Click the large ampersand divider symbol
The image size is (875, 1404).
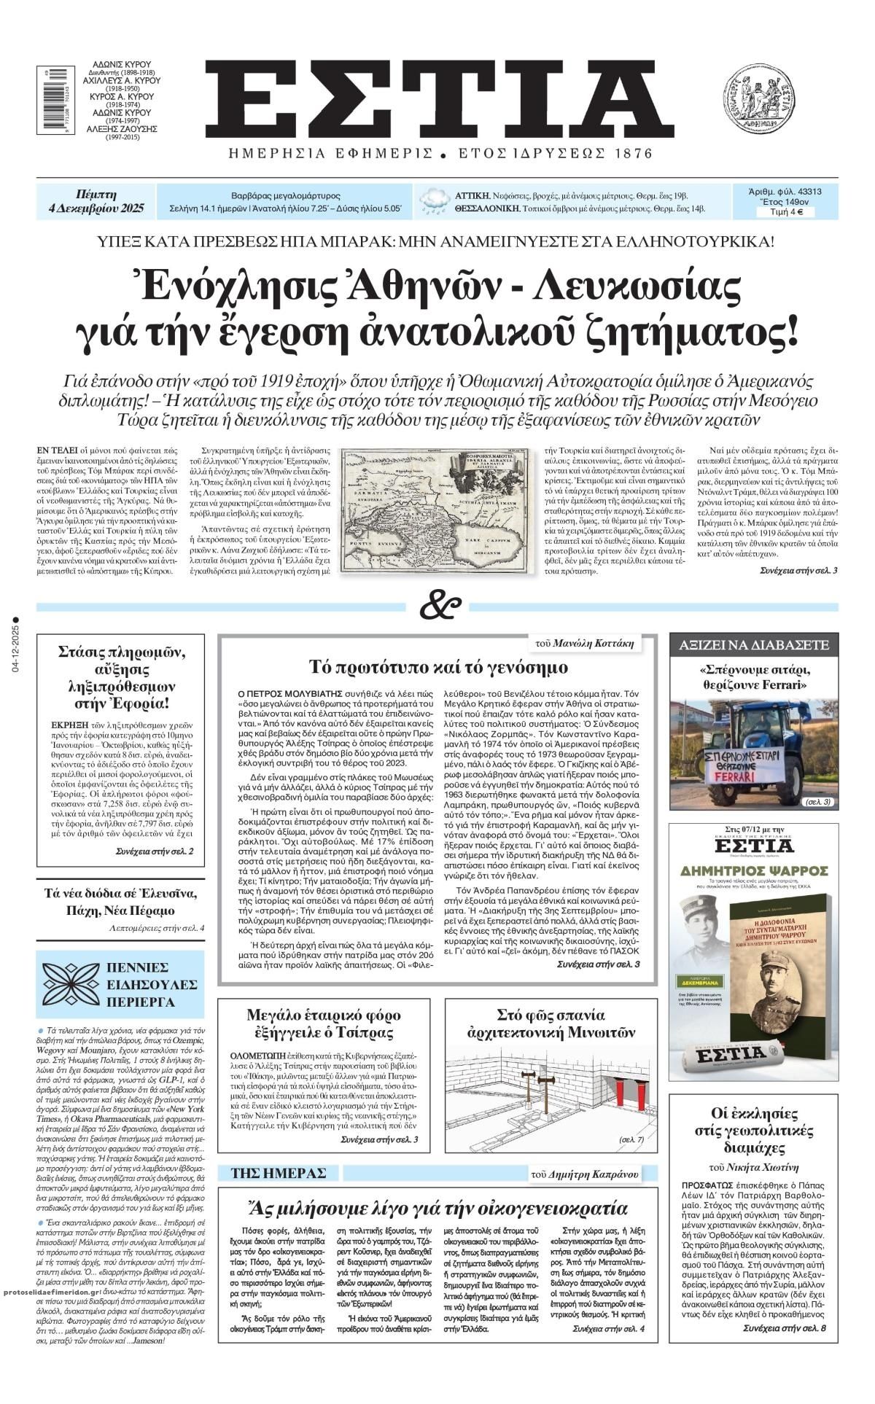tap(440, 605)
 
